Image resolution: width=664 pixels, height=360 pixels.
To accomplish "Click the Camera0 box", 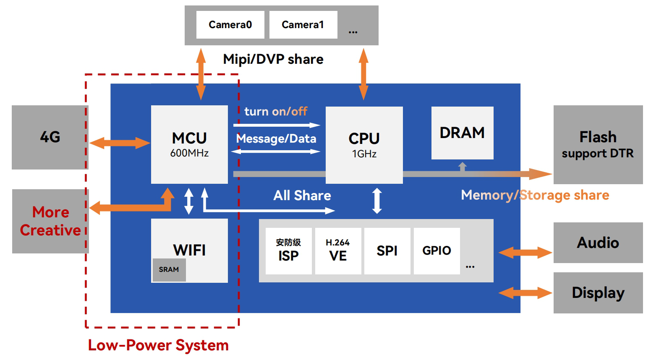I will [x=230, y=25].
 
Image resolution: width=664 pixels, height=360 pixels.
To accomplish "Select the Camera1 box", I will [x=303, y=25].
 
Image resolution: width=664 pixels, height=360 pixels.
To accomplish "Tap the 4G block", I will [x=50, y=137].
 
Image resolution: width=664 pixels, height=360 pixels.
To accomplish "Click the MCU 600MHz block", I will [x=189, y=144].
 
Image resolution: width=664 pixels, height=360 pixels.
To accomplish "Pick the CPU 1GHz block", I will [x=364, y=145].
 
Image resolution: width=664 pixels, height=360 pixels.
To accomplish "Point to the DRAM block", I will [x=462, y=133].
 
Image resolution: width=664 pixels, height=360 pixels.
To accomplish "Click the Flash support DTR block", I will [x=598, y=144].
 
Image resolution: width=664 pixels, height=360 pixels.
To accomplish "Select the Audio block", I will [x=598, y=243].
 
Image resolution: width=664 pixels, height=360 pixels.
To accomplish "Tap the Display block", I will [x=598, y=292].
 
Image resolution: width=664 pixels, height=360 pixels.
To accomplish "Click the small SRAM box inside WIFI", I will [x=169, y=270].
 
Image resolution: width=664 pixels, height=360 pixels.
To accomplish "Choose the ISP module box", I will [x=288, y=251].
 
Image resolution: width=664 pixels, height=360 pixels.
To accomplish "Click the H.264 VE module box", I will [x=338, y=251].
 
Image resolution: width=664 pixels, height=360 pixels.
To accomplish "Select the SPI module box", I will [x=387, y=251].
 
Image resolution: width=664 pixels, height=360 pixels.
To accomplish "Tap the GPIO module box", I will [x=437, y=251].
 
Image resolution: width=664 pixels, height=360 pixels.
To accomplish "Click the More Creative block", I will [x=50, y=221].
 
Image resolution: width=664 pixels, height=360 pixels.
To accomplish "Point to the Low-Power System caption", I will [x=158, y=345].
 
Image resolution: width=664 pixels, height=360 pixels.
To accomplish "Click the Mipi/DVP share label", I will [x=273, y=59].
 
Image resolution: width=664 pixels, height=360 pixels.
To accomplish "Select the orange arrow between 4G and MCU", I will [x=120, y=143].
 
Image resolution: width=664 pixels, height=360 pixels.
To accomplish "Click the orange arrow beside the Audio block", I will [x=525, y=253].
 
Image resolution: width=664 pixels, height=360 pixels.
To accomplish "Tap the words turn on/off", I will [x=276, y=112].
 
